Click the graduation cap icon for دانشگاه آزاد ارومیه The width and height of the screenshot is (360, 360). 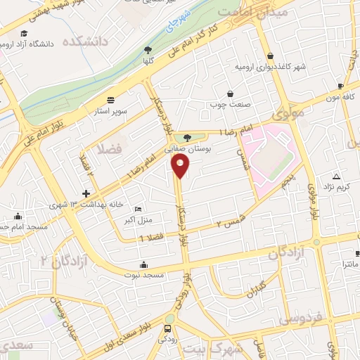point(25,33)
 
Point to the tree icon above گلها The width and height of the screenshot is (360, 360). point(148,49)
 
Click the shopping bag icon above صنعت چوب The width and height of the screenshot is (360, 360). point(230,94)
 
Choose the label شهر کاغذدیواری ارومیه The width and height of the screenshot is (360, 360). point(271,67)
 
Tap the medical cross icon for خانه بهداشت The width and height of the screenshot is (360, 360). point(86,193)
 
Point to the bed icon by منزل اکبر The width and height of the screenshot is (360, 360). point(138,210)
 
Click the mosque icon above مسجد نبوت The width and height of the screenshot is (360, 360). point(144,264)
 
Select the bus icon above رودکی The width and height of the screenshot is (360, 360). point(167,328)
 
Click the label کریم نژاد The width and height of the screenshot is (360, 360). point(335,186)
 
